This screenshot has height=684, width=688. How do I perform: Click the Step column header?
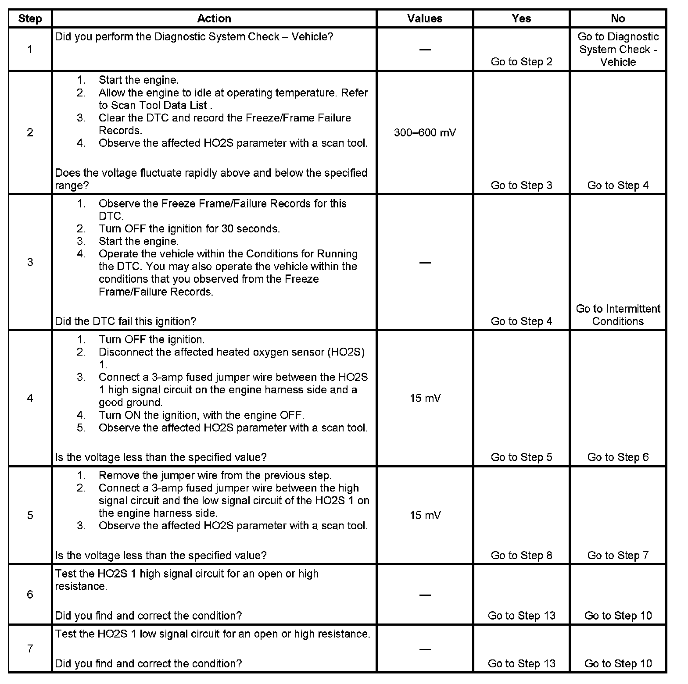pyautogui.click(x=30, y=18)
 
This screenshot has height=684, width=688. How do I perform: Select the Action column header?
pyautogui.click(x=214, y=18)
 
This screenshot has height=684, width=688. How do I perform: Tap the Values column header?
pyautogui.click(x=424, y=18)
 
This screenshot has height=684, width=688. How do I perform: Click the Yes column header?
pyautogui.click(x=521, y=18)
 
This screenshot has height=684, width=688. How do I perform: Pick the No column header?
pyautogui.click(x=617, y=18)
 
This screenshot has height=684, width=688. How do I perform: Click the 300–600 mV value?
pyautogui.click(x=425, y=132)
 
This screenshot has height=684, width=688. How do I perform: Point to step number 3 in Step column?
pyautogui.click(x=30, y=262)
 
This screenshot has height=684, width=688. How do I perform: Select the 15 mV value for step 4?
pyautogui.click(x=425, y=398)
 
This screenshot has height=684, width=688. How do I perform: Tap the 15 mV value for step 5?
pyautogui.click(x=425, y=515)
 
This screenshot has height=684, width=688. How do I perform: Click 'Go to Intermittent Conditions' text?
pyautogui.click(x=618, y=315)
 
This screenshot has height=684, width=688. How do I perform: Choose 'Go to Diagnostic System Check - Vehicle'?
pyautogui.click(x=618, y=49)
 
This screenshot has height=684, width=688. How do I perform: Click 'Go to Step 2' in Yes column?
pyautogui.click(x=521, y=62)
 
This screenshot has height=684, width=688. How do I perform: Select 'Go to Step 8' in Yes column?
pyautogui.click(x=521, y=556)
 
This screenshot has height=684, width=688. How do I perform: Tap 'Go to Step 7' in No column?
pyautogui.click(x=618, y=556)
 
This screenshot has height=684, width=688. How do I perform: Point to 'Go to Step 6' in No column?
pyautogui.click(x=618, y=457)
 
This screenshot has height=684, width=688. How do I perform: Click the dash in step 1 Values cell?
pyautogui.click(x=425, y=50)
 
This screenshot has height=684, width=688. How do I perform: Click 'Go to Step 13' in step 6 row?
pyautogui.click(x=521, y=616)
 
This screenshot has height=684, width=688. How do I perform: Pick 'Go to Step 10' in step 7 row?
pyautogui.click(x=618, y=663)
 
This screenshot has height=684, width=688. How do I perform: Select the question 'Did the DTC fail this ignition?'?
pyautogui.click(x=125, y=321)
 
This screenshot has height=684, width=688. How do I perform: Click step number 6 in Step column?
pyautogui.click(x=30, y=595)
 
